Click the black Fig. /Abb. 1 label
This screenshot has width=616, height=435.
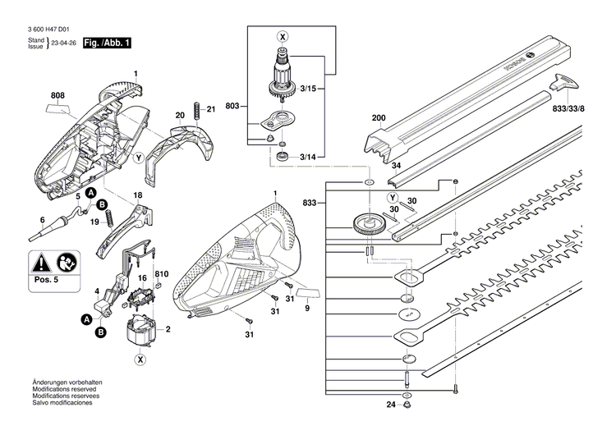click(x=103, y=42)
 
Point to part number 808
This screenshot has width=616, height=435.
click(x=57, y=96)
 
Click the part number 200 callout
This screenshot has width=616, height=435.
click(x=378, y=118)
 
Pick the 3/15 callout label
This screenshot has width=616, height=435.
click(x=310, y=88)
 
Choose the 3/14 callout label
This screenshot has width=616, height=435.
click(x=310, y=156)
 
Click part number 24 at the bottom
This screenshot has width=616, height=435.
click(x=391, y=405)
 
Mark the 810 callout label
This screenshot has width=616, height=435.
click(x=162, y=273)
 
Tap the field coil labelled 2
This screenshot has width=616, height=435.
click(x=142, y=331)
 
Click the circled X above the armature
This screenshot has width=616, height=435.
click(x=283, y=36)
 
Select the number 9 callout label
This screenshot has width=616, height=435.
click(x=306, y=309)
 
